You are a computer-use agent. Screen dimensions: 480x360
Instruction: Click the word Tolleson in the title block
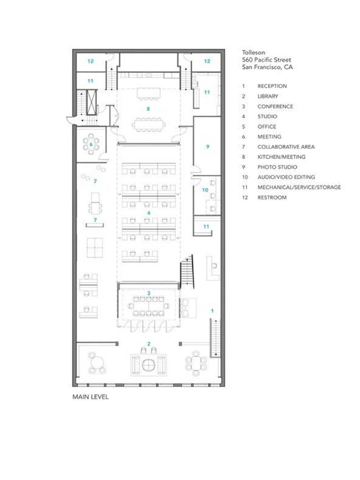[253, 52]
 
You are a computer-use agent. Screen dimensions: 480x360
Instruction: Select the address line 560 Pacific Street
[266, 60]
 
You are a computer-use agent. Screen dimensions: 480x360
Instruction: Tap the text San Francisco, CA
[267, 67]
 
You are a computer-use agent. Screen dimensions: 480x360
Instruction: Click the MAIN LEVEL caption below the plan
[90, 397]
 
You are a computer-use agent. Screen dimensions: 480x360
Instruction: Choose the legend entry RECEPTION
[272, 86]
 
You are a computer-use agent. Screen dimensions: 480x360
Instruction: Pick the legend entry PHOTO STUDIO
[277, 167]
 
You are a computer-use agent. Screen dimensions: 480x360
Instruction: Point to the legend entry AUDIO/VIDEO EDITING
[286, 177]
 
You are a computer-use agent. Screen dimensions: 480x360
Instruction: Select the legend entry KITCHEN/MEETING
[281, 157]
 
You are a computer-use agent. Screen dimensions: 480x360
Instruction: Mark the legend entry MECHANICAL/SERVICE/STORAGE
[299, 187]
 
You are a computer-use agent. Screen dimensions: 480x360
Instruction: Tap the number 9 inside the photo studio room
[207, 147]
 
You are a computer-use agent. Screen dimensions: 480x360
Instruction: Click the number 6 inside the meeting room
[91, 144]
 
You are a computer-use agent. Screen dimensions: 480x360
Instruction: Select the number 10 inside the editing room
[205, 190]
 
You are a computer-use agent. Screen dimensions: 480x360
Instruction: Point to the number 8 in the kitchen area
[148, 108]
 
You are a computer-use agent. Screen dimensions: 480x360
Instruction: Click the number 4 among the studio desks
[149, 213]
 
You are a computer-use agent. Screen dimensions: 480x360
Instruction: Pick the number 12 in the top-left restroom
[90, 61]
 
